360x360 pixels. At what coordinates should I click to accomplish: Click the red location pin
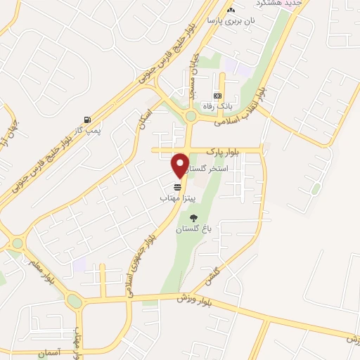pyautogui.click(x=181, y=165)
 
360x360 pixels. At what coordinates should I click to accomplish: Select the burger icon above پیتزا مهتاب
pyautogui.click(x=178, y=188)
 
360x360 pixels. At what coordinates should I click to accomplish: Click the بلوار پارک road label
pyautogui.click(x=224, y=151)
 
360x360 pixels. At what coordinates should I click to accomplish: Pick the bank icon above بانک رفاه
pyautogui.click(x=217, y=96)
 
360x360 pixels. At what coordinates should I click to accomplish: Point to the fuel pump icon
pyautogui.click(x=86, y=119)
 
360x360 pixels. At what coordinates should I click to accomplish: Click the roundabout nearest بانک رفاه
pyautogui.click(x=190, y=117)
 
